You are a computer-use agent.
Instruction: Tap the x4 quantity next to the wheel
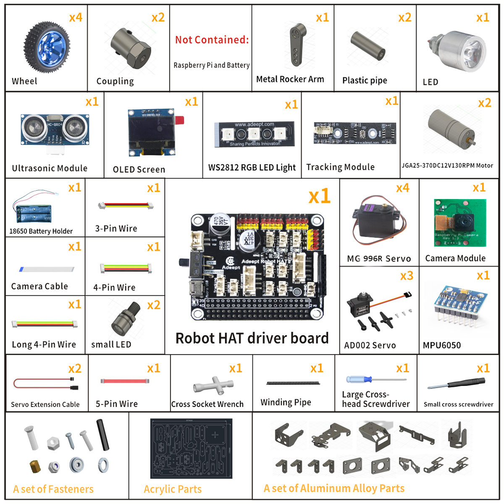tap(76, 18)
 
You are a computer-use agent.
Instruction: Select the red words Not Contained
tap(212, 40)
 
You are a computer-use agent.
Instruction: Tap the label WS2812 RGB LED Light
tap(252, 168)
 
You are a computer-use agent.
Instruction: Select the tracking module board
tap(355, 133)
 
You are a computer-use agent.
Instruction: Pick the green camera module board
tap(460, 223)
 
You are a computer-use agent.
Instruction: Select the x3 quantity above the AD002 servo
tap(407, 276)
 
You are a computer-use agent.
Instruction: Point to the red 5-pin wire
tap(124, 381)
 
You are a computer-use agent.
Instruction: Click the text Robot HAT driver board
tap(252, 338)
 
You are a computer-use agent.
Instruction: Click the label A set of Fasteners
tap(53, 489)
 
